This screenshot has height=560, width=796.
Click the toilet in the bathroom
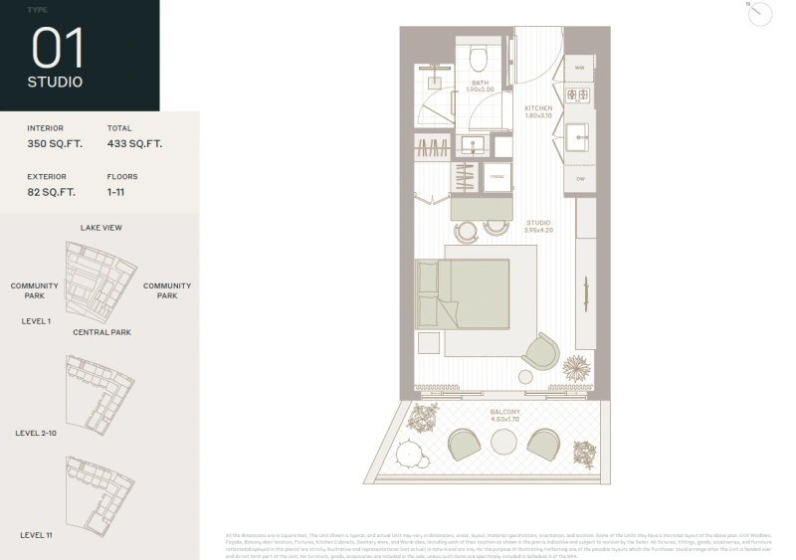[476, 52]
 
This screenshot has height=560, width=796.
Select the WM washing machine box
[579, 67]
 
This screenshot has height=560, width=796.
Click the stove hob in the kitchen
[579, 95]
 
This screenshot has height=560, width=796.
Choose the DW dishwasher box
[579, 179]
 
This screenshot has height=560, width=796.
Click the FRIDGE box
[497, 177]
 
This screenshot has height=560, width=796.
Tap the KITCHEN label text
[538, 108]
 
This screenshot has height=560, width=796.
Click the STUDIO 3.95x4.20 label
[538, 226]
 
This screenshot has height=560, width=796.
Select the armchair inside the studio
[541, 352]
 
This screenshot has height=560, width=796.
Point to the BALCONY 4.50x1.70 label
[503, 416]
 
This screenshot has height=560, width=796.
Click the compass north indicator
[761, 13]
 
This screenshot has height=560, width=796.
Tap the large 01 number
[58, 48]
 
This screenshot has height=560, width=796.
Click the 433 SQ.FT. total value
[134, 144]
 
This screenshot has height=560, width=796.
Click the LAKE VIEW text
[101, 228]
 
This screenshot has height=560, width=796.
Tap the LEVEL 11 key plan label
[35, 535]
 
